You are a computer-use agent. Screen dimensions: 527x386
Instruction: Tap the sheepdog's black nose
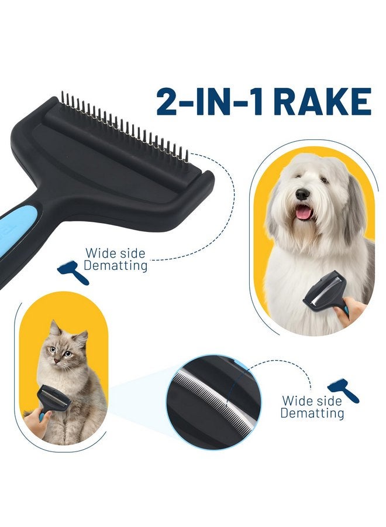(x=302, y=194)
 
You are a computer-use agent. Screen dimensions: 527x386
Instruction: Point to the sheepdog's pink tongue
(x=303, y=211)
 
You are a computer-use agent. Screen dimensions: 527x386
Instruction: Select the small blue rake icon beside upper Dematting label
(x=74, y=273)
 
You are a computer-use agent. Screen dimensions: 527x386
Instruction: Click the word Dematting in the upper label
(x=116, y=266)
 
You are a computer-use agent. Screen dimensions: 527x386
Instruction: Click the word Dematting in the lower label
(x=312, y=413)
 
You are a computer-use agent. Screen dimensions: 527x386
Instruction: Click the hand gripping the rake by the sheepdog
(x=355, y=308)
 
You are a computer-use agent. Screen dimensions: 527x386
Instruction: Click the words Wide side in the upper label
(x=116, y=254)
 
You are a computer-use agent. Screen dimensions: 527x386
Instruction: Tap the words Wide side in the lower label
(x=312, y=401)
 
